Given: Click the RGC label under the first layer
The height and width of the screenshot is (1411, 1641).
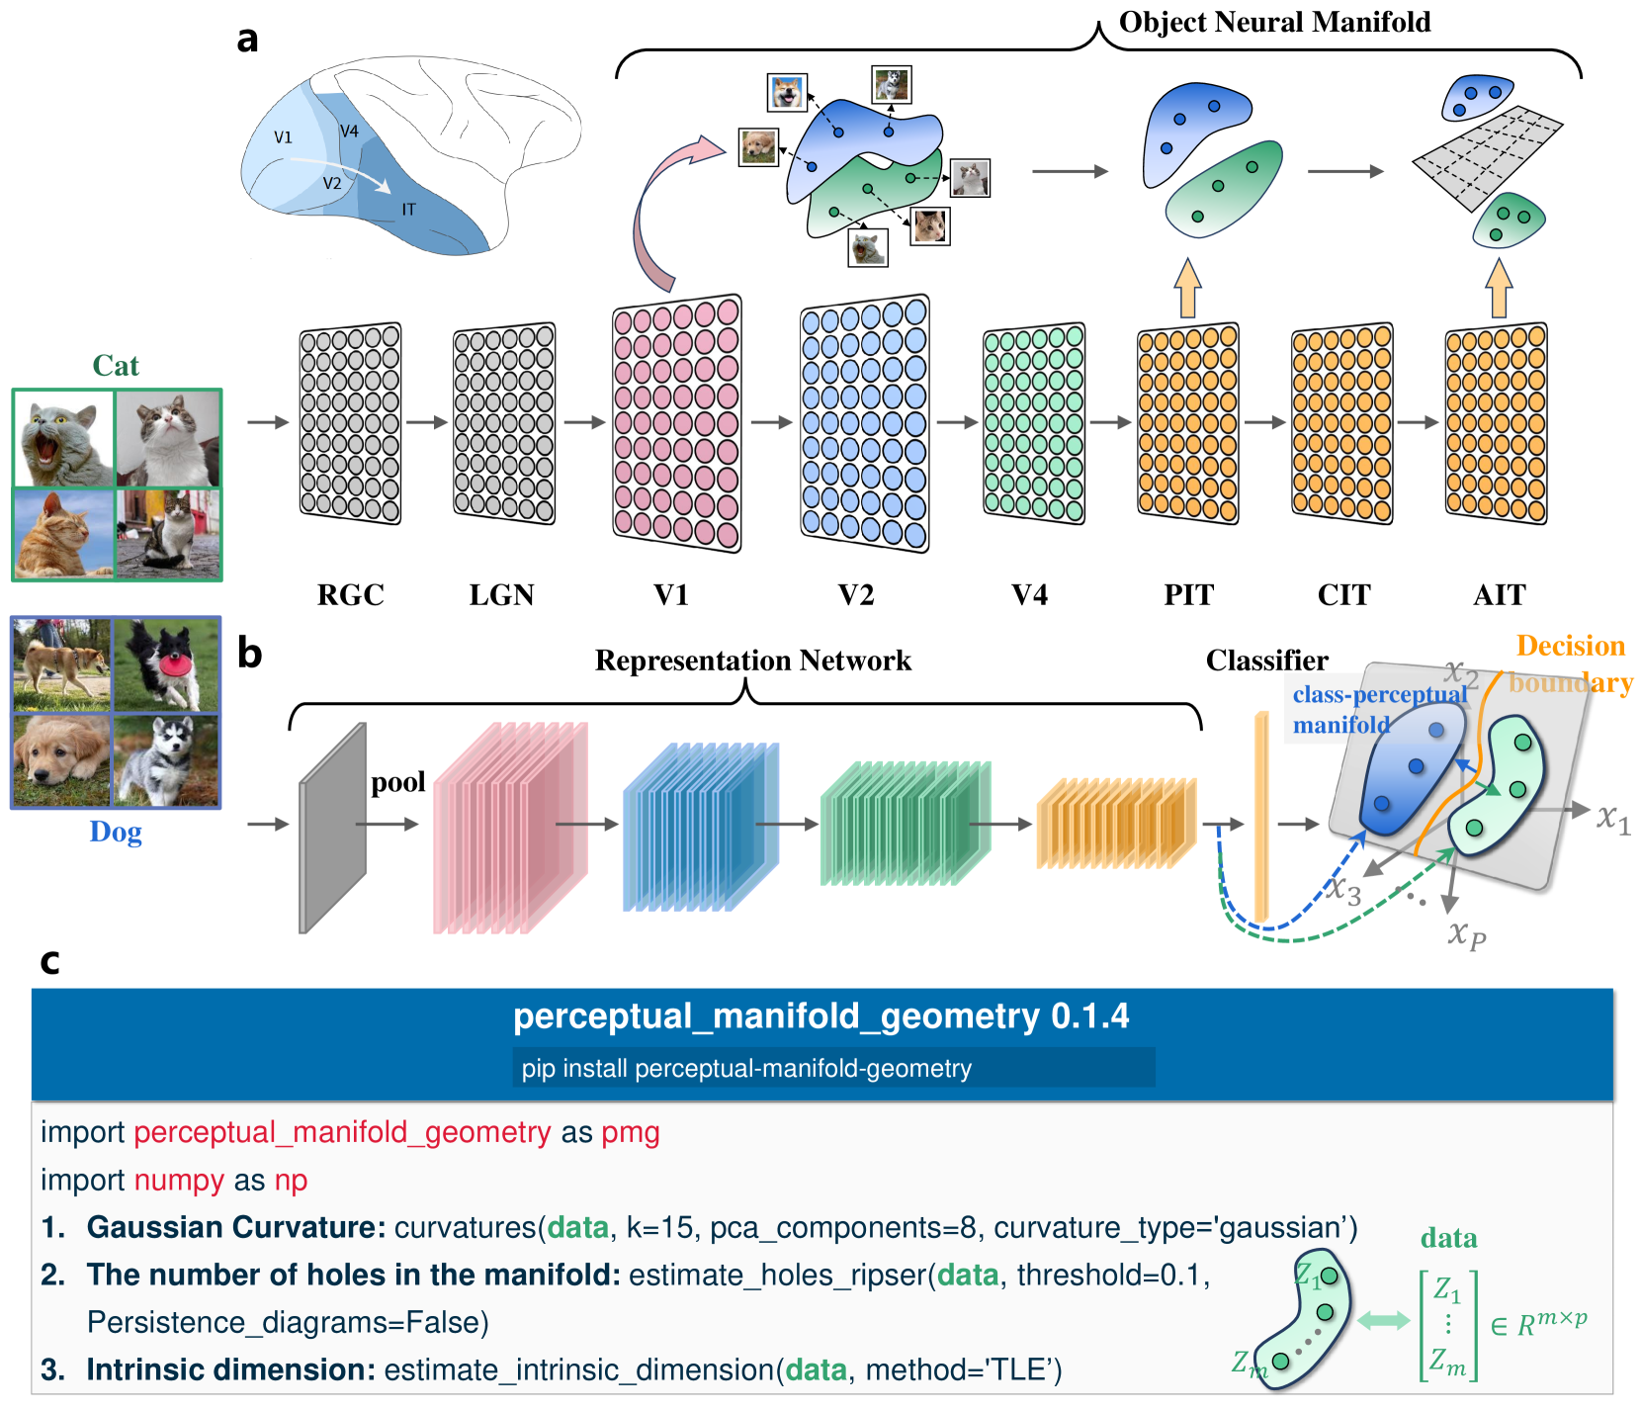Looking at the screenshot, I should pyautogui.click(x=350, y=595).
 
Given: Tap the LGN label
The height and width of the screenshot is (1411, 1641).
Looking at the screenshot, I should pyautogui.click(x=501, y=595).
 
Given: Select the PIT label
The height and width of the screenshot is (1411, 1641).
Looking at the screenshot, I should pyautogui.click(x=1188, y=595).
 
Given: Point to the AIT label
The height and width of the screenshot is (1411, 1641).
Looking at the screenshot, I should pyautogui.click(x=1499, y=595).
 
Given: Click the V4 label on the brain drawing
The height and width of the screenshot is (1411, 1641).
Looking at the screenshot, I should pyautogui.click(x=349, y=132).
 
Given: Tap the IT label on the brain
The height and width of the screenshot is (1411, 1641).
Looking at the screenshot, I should pyautogui.click(x=408, y=210).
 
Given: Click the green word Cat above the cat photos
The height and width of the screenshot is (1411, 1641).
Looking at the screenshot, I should pyautogui.click(x=116, y=366).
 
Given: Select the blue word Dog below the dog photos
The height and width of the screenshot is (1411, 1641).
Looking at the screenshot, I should pyautogui.click(x=116, y=832).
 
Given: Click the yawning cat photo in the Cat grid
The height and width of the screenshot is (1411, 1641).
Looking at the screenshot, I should pyautogui.click(x=64, y=438).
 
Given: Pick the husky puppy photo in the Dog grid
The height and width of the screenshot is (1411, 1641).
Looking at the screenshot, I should pyautogui.click(x=166, y=759).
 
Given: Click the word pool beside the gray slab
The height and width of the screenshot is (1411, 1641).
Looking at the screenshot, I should pyautogui.click(x=397, y=782).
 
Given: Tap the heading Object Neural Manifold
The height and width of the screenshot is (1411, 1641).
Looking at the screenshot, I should pyautogui.click(x=1274, y=22).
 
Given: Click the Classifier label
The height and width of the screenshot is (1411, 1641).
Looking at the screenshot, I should pyautogui.click(x=1266, y=661).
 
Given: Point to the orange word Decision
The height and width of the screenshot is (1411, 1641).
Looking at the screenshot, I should pyautogui.click(x=1570, y=646).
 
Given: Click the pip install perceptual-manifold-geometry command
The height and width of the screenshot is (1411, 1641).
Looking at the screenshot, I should pyautogui.click(x=746, y=1068).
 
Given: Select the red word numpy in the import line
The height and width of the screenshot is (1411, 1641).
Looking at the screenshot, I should pyautogui.click(x=179, y=1180).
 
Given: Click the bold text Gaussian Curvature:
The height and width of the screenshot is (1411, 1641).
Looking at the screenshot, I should pyautogui.click(x=235, y=1227).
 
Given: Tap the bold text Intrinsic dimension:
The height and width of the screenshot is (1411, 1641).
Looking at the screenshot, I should pyautogui.click(x=230, y=1369).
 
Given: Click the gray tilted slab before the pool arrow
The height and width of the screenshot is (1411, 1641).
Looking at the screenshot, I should pyautogui.click(x=333, y=829).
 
